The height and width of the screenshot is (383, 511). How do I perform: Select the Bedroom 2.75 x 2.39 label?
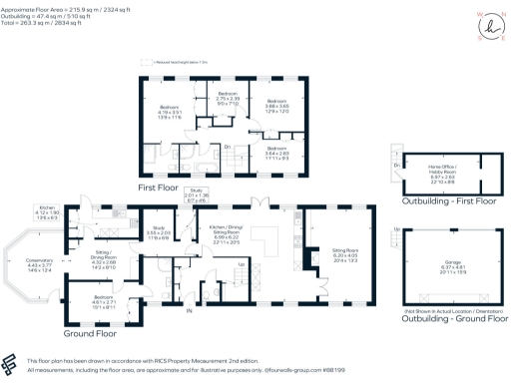[228, 99]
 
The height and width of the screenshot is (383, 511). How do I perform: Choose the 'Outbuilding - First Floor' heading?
[433, 201]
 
